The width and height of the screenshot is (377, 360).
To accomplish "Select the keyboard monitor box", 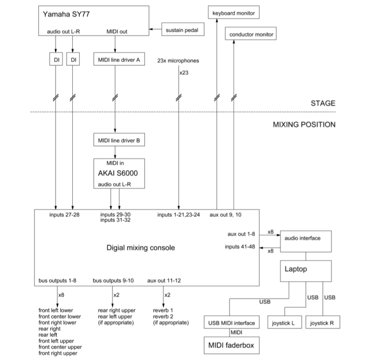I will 233,13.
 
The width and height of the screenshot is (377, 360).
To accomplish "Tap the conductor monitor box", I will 251,34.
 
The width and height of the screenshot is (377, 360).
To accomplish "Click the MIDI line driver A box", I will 119,59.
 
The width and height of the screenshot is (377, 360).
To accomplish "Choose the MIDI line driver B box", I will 119,141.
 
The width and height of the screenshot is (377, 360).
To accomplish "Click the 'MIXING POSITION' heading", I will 304,124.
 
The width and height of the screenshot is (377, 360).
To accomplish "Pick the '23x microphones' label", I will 178,60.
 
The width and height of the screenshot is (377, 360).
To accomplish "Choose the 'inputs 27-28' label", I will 64,215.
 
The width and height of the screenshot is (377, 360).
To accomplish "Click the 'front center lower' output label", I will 59,316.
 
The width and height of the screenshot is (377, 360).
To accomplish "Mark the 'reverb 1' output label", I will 163,310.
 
